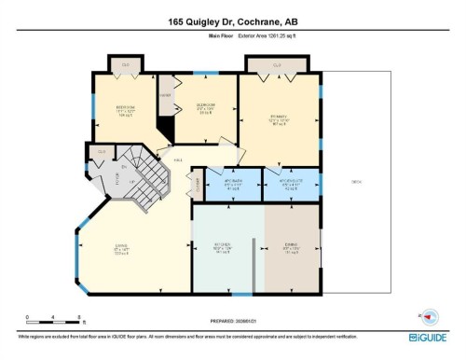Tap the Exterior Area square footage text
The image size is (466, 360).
point(258,39)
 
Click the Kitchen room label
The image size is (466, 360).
point(223,250)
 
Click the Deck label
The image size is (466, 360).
point(356,182)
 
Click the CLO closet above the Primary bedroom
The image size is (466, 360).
point(277,64)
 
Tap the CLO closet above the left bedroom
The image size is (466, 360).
point(127,64)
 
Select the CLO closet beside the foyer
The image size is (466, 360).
point(101,150)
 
